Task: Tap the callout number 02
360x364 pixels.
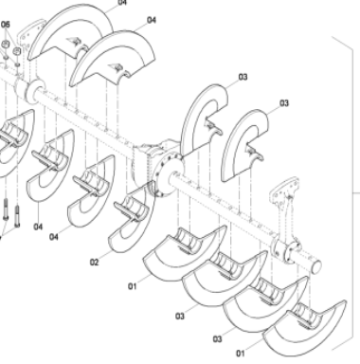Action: pos(95,262)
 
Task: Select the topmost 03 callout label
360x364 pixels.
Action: pos(243,77)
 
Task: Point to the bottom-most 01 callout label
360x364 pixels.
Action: pos(239,353)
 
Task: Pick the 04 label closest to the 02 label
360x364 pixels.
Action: pos(53,236)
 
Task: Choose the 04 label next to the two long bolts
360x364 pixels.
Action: pos(38,227)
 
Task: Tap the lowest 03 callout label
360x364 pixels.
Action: pos(217,337)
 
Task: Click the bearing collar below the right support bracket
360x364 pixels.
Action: pos(286,247)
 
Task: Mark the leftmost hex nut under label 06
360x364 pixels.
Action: pos(5,45)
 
